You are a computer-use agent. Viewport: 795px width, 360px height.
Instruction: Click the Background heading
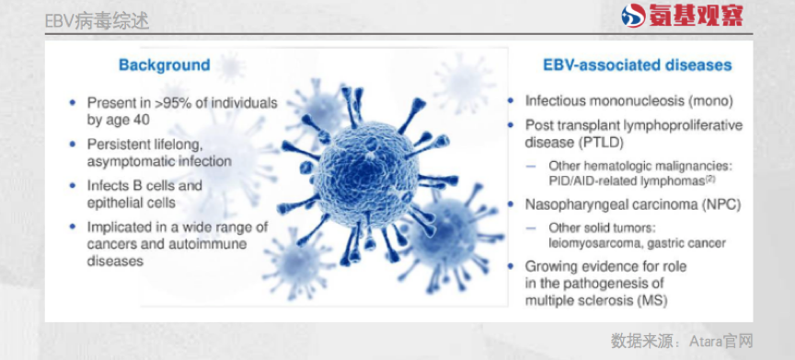point(165,64)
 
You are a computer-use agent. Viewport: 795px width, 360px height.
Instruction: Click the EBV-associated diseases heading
point(638,64)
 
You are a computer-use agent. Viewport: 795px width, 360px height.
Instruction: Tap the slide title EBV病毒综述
point(97,21)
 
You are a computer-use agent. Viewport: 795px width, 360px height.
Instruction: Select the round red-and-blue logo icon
point(634,16)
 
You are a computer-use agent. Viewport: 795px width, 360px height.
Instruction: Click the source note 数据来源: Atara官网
point(682,341)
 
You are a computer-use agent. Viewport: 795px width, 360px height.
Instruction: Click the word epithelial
point(112,203)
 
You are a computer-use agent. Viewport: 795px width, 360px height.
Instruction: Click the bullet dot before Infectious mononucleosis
point(512,101)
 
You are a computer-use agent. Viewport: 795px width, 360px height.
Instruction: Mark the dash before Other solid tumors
point(531,228)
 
